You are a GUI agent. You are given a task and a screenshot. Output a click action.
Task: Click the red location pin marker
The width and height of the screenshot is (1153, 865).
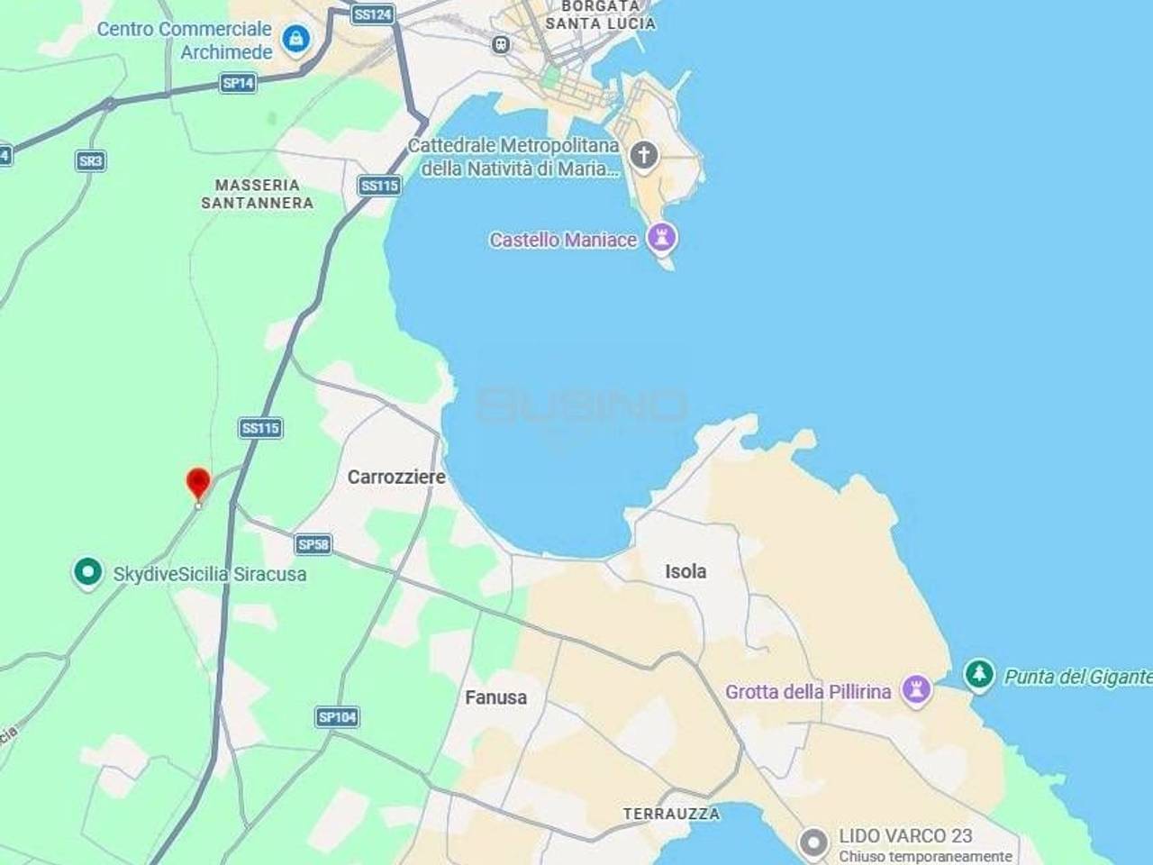(x=198, y=483)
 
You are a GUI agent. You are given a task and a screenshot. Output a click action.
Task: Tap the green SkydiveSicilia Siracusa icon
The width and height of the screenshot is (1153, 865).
(x=87, y=572)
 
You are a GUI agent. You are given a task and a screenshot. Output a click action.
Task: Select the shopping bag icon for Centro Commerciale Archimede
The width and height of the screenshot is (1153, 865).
(x=295, y=39)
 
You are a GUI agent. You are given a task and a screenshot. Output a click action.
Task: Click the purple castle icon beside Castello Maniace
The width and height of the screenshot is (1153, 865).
(x=664, y=238)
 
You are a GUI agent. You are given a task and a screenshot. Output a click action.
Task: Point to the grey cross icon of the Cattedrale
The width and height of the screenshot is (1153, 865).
(x=643, y=155)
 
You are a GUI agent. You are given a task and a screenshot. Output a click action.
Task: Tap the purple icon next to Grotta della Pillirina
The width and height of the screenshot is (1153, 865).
(x=916, y=691)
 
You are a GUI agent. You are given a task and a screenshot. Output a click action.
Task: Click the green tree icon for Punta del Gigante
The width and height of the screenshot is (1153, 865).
(x=978, y=674)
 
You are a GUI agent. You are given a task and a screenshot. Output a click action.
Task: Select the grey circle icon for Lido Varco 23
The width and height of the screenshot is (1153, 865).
(x=813, y=843)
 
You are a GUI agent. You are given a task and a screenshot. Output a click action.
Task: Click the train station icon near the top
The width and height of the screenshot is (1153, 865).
(x=502, y=43)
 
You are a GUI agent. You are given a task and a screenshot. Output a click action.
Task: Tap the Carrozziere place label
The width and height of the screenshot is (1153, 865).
(x=396, y=477)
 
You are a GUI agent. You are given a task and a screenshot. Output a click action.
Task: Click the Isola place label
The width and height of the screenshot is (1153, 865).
(x=685, y=570)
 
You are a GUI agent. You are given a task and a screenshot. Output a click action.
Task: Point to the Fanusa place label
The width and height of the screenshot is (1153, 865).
(x=495, y=697)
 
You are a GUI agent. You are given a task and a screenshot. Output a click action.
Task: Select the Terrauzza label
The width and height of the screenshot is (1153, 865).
(x=672, y=814)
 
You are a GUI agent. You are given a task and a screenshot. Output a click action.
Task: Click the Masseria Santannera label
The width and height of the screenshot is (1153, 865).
(x=258, y=194)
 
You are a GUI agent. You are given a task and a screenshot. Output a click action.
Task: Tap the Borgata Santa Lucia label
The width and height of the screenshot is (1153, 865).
(x=600, y=14)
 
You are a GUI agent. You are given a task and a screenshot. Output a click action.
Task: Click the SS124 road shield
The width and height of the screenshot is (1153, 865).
(x=372, y=14)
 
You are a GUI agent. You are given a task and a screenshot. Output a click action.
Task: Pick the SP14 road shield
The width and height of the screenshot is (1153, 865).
(x=238, y=83)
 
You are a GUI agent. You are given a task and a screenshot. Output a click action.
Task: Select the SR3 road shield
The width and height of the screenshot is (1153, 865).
(x=90, y=161)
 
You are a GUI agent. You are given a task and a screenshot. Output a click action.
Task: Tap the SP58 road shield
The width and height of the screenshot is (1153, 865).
(x=313, y=544)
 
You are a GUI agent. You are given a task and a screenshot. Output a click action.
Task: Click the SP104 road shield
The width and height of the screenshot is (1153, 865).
(x=338, y=717)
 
